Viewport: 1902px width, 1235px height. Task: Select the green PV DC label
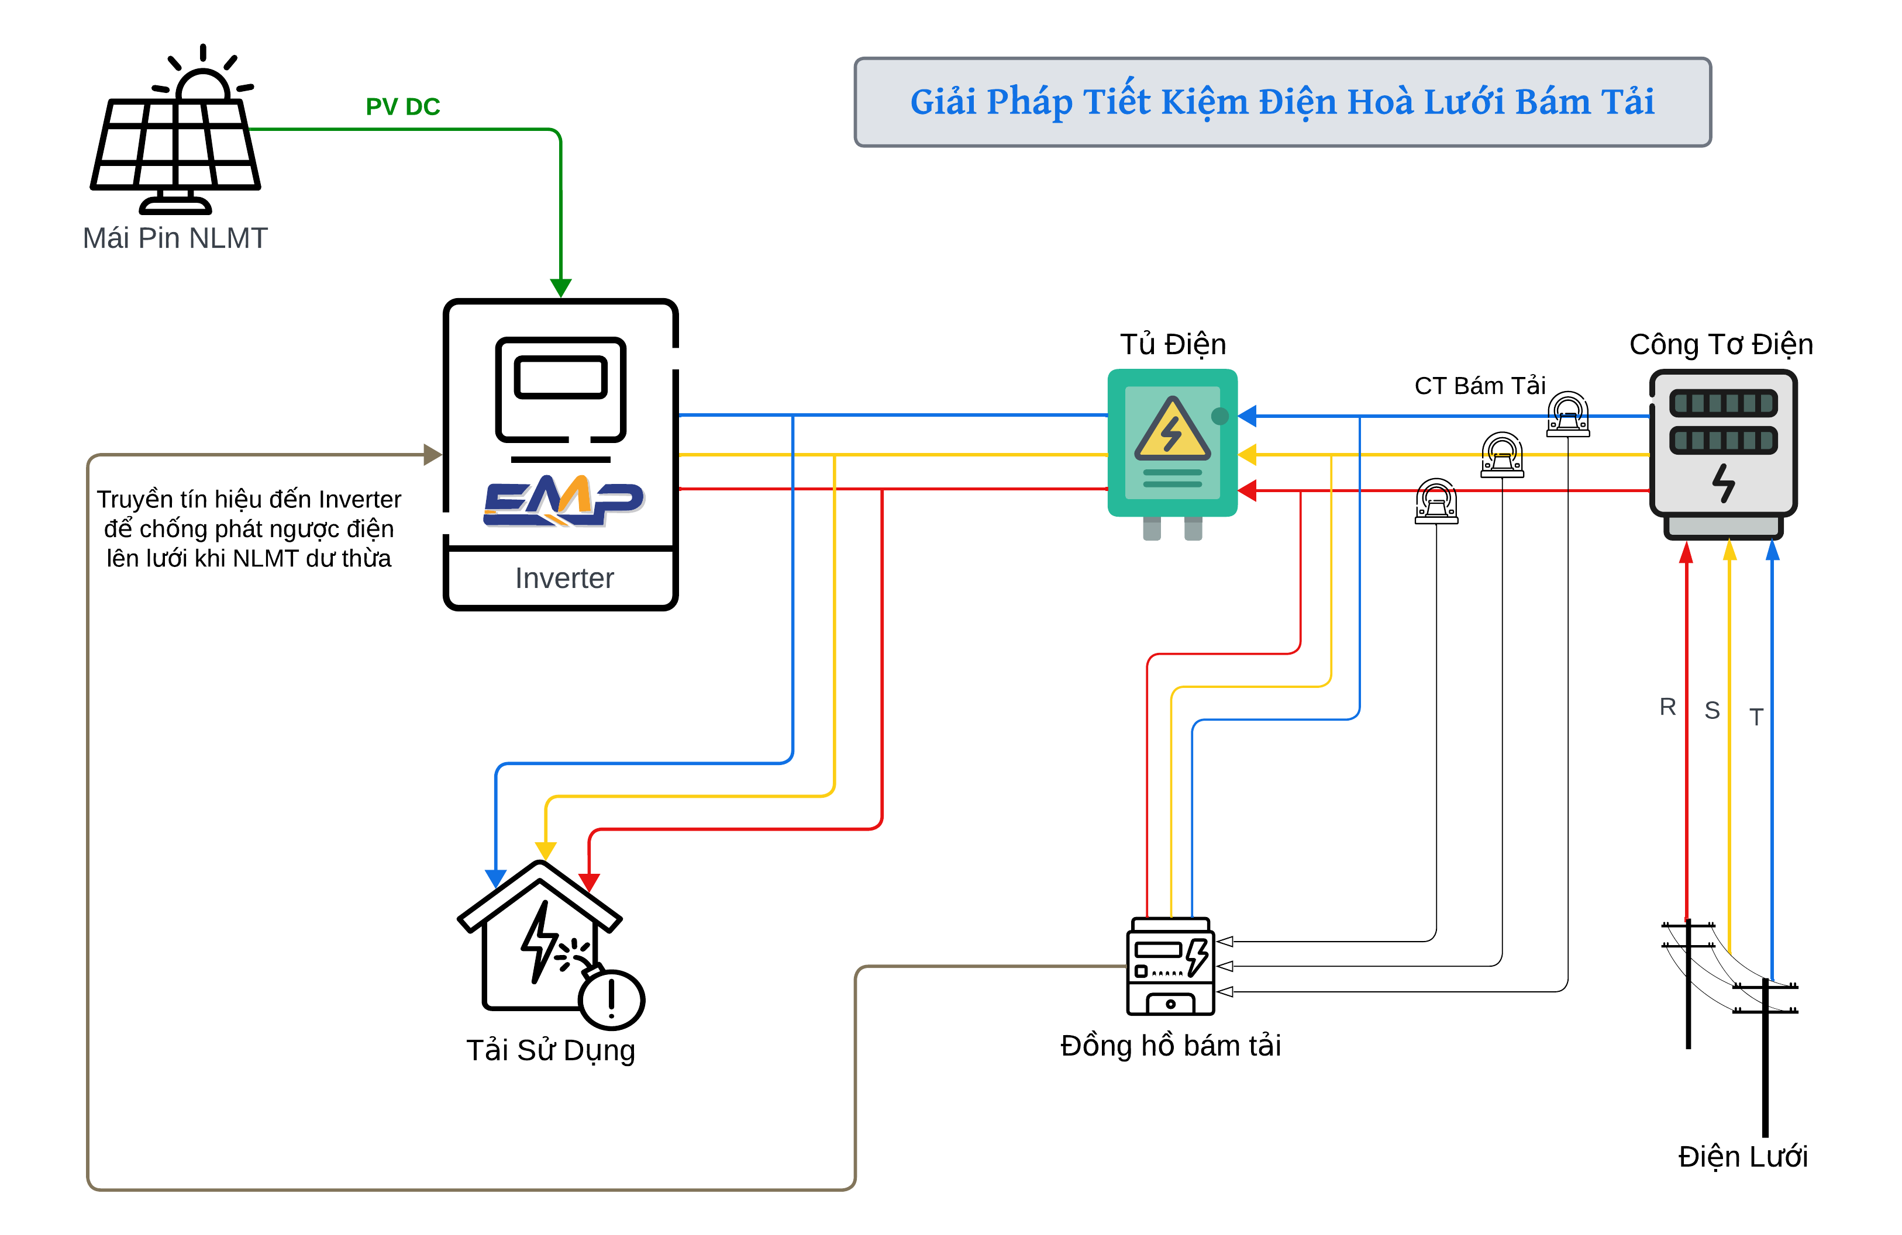[x=403, y=107]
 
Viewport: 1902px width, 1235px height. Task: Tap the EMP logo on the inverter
[x=563, y=500]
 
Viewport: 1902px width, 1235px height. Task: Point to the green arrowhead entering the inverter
[x=561, y=287]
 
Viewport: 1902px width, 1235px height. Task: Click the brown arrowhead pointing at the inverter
[x=432, y=455]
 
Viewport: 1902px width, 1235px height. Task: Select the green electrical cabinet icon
[x=1172, y=444]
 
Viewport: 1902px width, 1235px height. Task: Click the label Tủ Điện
[x=1172, y=344]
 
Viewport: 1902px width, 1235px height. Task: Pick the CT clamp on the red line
[x=1436, y=501]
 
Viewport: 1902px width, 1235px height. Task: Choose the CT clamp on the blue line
[x=1568, y=414]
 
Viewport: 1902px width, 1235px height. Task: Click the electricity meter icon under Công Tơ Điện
[x=1723, y=451]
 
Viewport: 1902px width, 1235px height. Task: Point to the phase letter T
[x=1756, y=717]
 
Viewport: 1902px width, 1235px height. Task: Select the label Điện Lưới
[x=1742, y=1157]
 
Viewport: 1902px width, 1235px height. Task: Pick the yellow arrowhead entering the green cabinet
[x=1248, y=455]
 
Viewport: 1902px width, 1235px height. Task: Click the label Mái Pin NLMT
[x=175, y=238]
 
